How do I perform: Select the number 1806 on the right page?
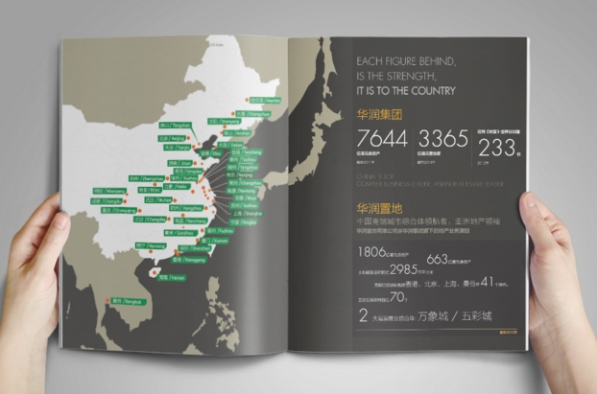pos(371,253)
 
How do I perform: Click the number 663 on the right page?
pos(437,258)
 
